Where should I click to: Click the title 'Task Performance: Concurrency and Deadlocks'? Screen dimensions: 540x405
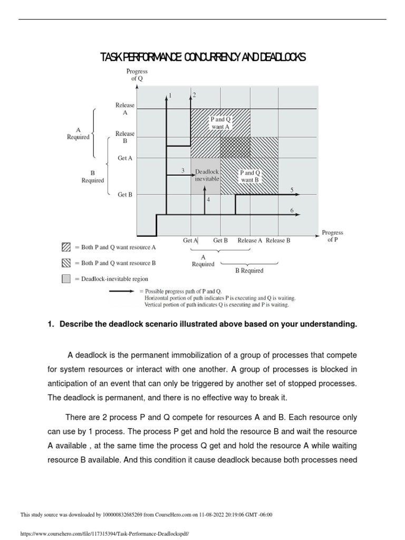202,57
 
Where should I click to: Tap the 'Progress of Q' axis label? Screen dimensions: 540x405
137,74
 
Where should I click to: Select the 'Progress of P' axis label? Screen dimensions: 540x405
332,236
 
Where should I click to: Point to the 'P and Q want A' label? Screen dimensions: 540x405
220,123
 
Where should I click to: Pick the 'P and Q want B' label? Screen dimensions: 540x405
250,176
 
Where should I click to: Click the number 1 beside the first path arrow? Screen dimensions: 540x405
170,95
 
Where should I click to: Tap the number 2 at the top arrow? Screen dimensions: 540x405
195,95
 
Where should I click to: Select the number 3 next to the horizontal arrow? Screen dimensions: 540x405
182,170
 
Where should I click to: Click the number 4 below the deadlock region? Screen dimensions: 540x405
208,200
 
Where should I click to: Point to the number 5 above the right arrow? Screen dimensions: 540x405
292,189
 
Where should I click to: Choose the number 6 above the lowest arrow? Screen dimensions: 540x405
292,210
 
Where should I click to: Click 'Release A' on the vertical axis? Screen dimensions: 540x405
125,109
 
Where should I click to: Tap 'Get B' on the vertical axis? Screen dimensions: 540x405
125,195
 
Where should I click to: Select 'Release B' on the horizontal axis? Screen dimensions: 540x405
278,240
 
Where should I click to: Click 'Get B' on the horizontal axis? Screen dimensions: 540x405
220,240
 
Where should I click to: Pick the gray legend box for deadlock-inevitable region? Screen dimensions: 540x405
66,279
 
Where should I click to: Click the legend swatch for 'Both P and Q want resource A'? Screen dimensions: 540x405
66,247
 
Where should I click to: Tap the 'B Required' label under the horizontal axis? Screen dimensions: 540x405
249,271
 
